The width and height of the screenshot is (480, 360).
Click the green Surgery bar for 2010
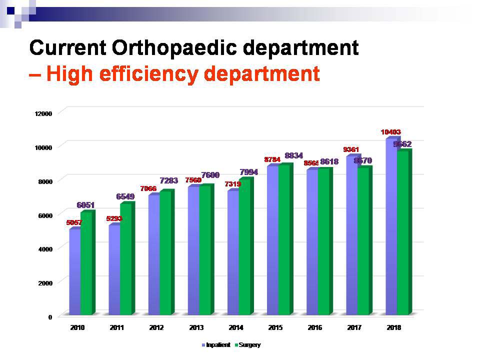pyautogui.click(x=86, y=264)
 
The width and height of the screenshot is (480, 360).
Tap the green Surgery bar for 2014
pyautogui.click(x=244, y=247)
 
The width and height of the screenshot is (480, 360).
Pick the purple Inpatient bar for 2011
pyautogui.click(x=114, y=270)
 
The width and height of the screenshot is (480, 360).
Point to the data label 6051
pyautogui.click(x=85, y=205)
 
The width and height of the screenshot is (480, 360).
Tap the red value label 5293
pyautogui.click(x=114, y=218)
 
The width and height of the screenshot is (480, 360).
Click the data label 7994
pyautogui.click(x=248, y=172)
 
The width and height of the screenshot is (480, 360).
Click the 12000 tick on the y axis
pyautogui.click(x=43, y=113)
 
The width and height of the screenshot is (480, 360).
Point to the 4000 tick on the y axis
pyautogui.click(x=44, y=249)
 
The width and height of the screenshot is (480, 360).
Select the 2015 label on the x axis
pyautogui.click(x=275, y=328)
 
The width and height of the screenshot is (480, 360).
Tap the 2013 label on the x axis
pyautogui.click(x=196, y=328)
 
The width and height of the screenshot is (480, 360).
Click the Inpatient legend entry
pyautogui.click(x=216, y=345)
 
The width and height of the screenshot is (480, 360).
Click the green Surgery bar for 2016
pyautogui.click(x=323, y=242)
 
